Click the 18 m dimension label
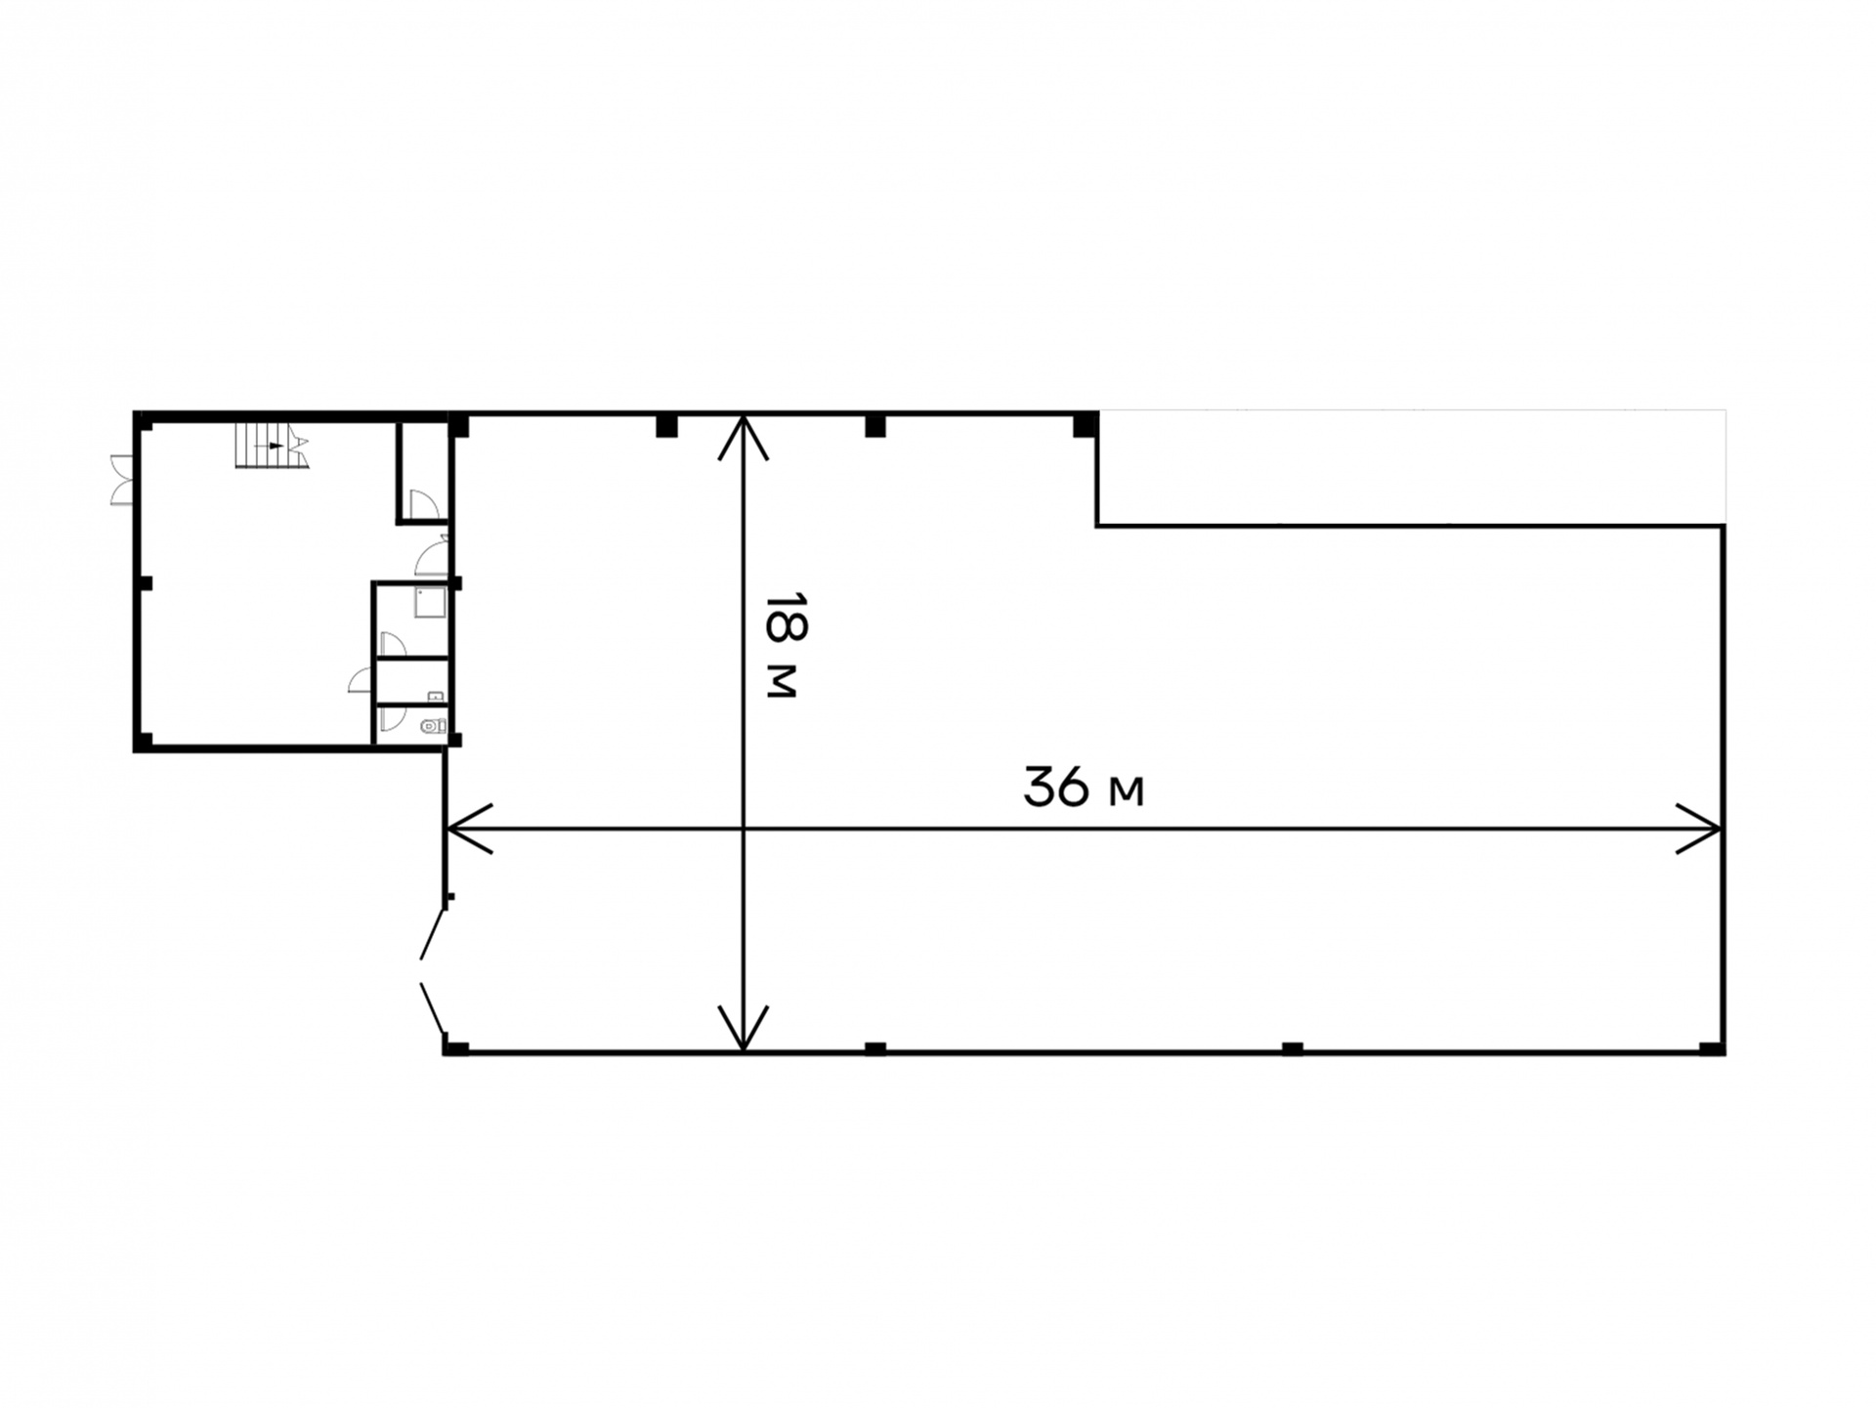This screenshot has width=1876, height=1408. [783, 645]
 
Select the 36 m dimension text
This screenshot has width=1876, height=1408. [1083, 788]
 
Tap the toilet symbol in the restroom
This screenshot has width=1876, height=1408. [433, 726]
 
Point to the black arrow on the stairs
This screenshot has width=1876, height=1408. [277, 446]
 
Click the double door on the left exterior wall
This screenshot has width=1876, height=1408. [122, 480]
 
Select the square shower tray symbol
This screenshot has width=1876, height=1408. [430, 602]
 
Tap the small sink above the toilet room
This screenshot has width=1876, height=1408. [436, 697]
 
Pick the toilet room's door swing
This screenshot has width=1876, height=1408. [392, 718]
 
